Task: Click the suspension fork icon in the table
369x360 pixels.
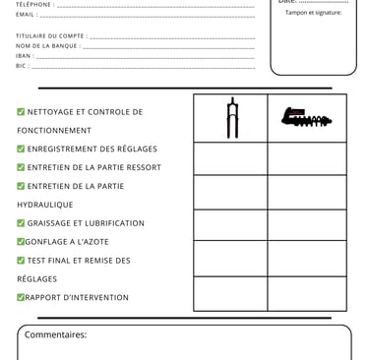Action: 232,118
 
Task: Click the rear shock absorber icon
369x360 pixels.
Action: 306,118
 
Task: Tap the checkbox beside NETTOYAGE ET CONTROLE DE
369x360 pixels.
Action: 21,112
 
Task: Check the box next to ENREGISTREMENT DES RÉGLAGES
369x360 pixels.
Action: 21,150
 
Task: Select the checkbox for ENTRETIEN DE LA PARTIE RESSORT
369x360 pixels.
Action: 21,167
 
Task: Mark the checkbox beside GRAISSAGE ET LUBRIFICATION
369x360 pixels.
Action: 21,223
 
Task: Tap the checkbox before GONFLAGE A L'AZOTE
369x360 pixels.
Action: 21,242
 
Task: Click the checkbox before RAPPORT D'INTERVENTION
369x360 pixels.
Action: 21,298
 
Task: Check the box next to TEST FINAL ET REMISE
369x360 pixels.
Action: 21,261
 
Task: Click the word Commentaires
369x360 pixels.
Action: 55,334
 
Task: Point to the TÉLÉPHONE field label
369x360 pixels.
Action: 34,5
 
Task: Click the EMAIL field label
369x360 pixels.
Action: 26,15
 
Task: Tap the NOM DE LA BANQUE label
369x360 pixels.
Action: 47,46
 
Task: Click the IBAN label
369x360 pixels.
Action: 24,56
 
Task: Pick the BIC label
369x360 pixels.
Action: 22,66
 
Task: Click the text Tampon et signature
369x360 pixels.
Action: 313,13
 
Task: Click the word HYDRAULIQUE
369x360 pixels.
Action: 45,205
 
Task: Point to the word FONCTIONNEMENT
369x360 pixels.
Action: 54,131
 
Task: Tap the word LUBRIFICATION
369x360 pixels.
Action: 110,223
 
